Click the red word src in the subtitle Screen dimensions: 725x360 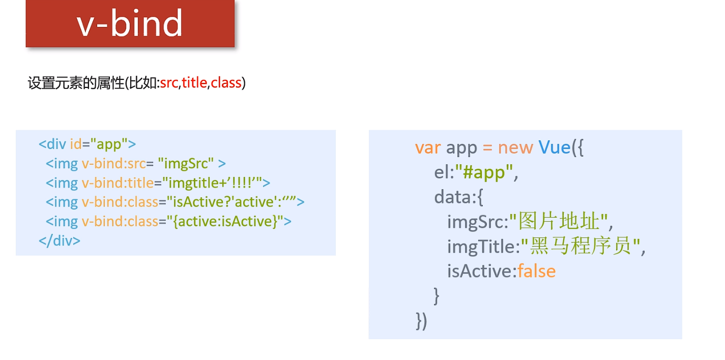[x=169, y=83]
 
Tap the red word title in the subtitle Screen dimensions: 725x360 [x=194, y=83]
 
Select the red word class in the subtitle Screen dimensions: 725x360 [x=226, y=83]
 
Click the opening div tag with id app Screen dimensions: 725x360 [x=87, y=144]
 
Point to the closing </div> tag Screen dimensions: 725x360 [x=60, y=241]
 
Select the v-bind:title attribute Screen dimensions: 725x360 [x=120, y=183]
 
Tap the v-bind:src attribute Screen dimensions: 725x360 [x=113, y=164]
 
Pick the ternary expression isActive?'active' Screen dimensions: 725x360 [x=224, y=202]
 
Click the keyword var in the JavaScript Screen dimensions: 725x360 [x=427, y=147]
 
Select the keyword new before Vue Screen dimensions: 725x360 [x=515, y=147]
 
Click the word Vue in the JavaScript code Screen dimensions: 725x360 [x=555, y=147]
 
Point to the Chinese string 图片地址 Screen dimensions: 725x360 [x=559, y=222]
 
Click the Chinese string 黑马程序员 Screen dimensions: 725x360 [x=584, y=247]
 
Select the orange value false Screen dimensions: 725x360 [x=536, y=271]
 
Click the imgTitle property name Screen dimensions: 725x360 [x=481, y=247]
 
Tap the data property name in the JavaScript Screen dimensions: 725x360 [x=453, y=197]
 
